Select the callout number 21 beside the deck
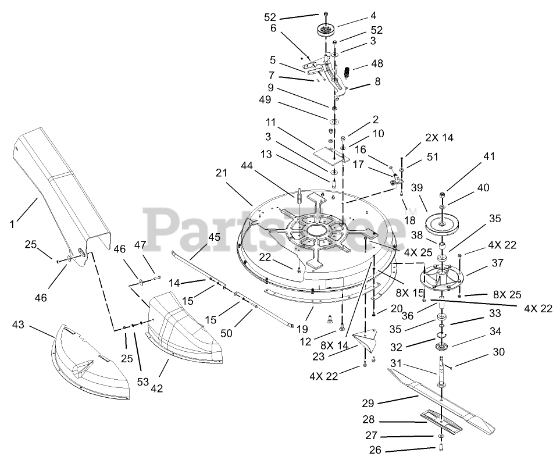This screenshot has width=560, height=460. pos(220,173)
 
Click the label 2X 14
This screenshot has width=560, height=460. pos(440,138)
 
